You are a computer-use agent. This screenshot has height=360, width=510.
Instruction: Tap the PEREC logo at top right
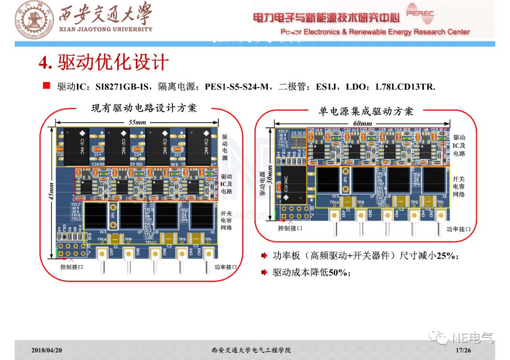click(419, 14)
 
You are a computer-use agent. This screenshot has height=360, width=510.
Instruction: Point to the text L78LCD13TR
click(405, 87)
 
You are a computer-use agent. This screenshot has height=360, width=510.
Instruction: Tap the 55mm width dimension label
click(137, 122)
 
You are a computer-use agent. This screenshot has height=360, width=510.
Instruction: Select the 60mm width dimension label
click(363, 123)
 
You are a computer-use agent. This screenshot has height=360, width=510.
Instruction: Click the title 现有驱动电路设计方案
click(144, 108)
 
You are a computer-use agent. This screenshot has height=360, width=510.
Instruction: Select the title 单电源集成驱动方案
click(366, 111)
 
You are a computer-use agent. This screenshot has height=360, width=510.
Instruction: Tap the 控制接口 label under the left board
click(72, 267)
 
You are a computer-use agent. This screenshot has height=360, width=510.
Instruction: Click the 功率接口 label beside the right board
click(459, 229)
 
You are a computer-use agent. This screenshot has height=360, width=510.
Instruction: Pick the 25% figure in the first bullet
click(446, 256)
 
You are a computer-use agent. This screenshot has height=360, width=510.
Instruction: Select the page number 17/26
click(463, 350)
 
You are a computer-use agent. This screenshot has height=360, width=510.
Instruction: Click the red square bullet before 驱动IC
click(46, 85)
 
